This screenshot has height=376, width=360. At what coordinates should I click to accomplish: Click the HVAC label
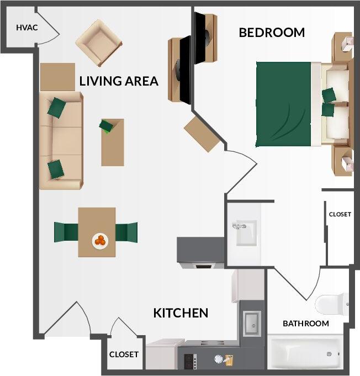coord(27,28)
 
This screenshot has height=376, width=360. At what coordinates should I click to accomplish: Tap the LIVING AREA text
coord(119,81)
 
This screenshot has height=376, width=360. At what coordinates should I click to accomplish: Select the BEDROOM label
coord(271,33)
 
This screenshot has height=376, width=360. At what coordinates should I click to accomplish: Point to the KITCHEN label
coord(181,313)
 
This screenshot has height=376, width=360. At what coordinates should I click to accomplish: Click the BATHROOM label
coord(305,324)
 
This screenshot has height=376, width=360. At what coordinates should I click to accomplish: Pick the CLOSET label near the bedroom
coord(340,214)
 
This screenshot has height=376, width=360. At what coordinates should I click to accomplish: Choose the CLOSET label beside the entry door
coord(124,354)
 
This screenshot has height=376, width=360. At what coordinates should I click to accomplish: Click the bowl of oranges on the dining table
coord(100,240)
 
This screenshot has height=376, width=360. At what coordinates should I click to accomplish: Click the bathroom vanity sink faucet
coord(240,226)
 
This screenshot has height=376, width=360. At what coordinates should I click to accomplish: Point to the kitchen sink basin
coord(252,322)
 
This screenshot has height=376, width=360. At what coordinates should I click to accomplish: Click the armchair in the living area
coord(98,43)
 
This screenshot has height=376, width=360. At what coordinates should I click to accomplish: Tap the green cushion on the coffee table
coord(106,126)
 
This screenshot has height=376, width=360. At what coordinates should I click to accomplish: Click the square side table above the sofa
coord(57,77)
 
